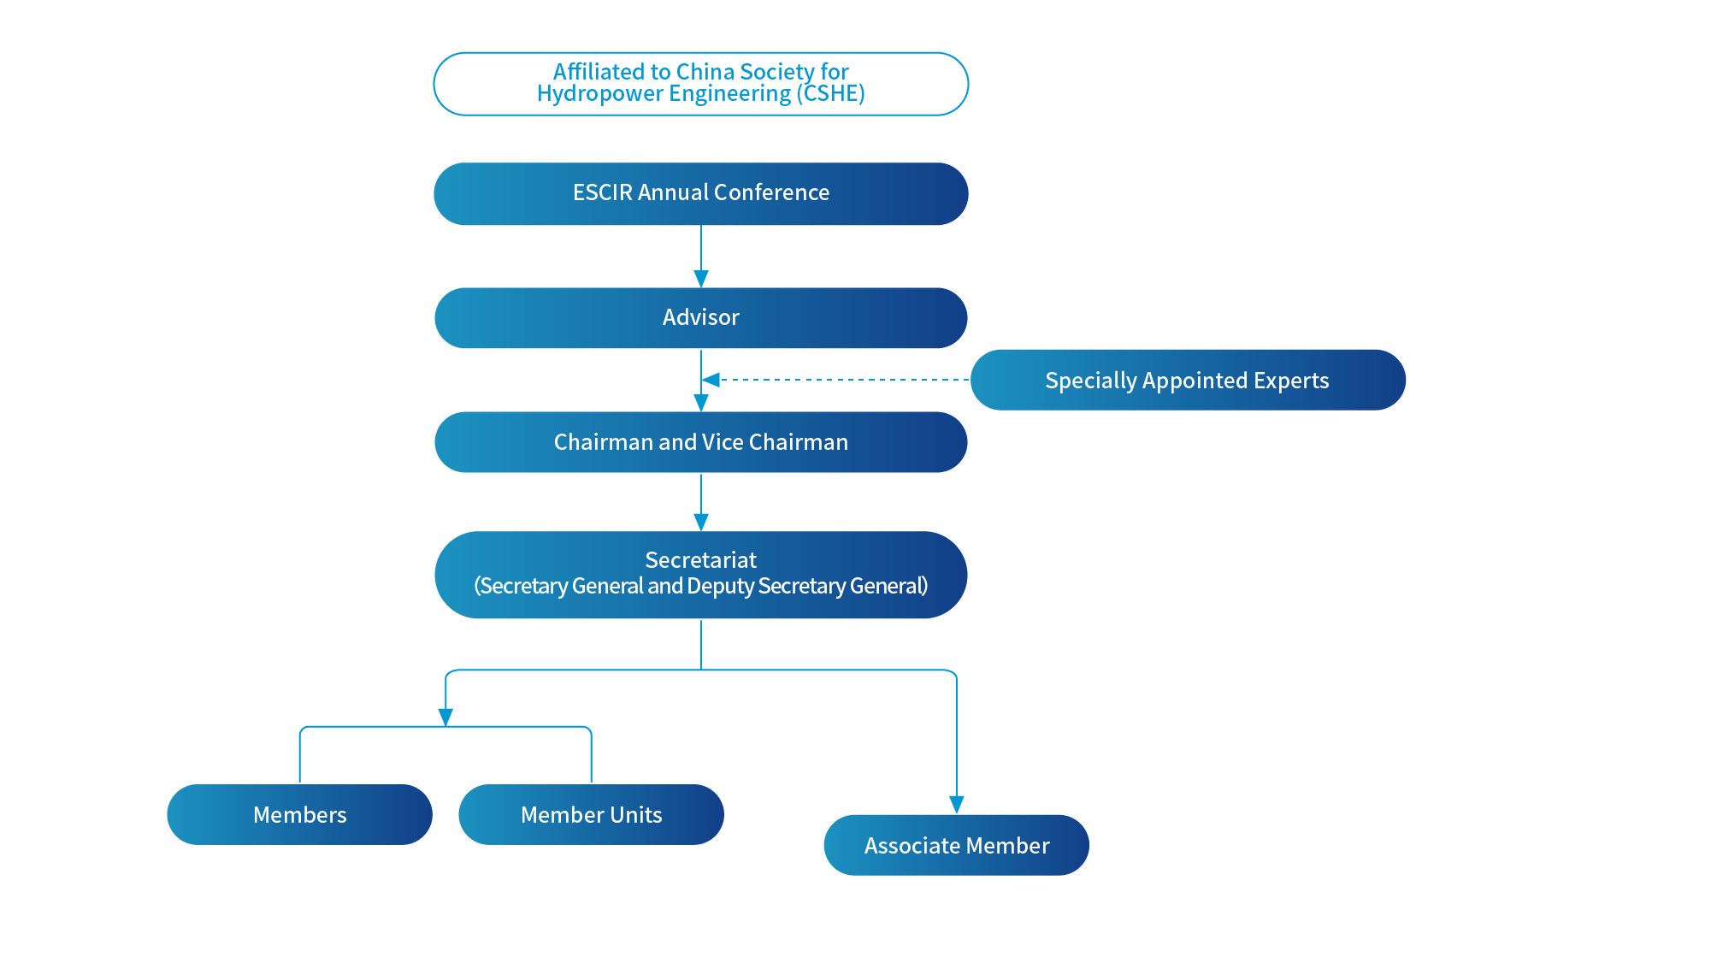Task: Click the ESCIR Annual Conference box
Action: click(700, 194)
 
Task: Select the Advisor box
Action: click(700, 317)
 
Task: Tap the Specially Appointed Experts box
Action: click(1187, 381)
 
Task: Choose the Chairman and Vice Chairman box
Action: click(700, 442)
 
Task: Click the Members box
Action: click(299, 814)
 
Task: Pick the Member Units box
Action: click(591, 814)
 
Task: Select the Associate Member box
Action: click(956, 845)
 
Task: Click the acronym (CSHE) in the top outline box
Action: click(830, 93)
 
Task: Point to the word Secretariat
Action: click(700, 560)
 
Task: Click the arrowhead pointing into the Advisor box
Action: click(701, 279)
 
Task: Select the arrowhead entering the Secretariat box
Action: click(701, 522)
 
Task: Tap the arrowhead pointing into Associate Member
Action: click(957, 804)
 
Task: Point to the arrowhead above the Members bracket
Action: click(445, 717)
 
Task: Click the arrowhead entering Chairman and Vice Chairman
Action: click(701, 403)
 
